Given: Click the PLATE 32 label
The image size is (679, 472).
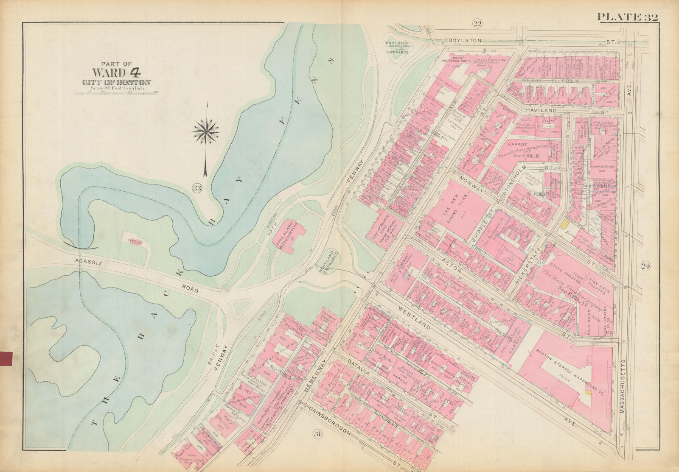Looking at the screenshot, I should [x=627, y=17].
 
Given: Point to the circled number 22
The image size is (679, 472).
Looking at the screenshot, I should [x=477, y=24].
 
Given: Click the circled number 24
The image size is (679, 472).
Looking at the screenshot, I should [x=646, y=266].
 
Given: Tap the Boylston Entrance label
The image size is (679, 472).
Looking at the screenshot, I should [x=397, y=47].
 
